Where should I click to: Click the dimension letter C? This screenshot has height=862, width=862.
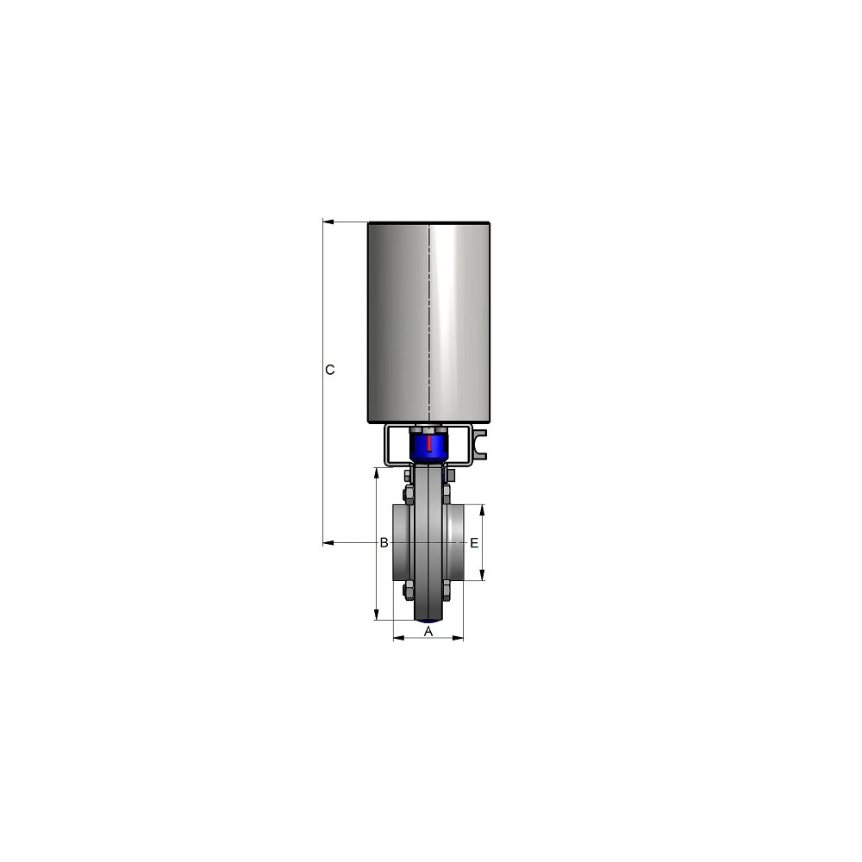330,370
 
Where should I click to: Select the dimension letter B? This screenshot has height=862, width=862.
384,543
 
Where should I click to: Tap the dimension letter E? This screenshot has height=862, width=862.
474,543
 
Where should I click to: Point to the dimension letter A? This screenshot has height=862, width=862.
428,632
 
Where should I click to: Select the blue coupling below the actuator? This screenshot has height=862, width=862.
428,446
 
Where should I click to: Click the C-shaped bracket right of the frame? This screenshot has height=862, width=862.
479,444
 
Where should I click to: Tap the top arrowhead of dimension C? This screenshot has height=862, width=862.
328,222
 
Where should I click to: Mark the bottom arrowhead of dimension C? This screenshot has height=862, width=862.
328,543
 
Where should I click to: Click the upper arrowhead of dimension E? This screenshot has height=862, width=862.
482,510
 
